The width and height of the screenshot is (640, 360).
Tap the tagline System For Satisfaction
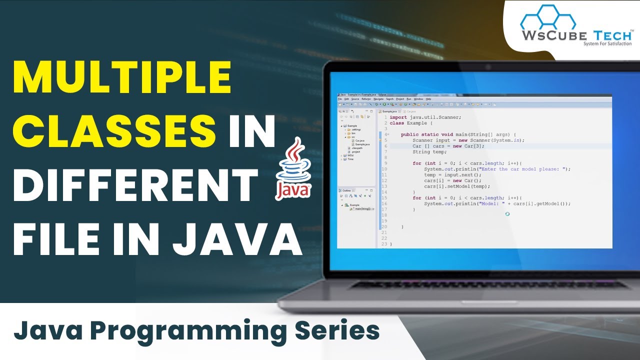click(x=607, y=44)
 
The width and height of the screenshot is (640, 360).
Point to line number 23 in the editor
click(x=384, y=244)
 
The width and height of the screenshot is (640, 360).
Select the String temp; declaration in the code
click(x=429, y=152)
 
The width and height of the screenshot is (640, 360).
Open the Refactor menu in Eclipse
click(x=366, y=99)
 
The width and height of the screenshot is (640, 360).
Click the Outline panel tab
click(x=346, y=190)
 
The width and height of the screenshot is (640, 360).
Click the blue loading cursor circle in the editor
click(x=507, y=213)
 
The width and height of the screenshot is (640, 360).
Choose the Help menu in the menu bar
click(x=428, y=99)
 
